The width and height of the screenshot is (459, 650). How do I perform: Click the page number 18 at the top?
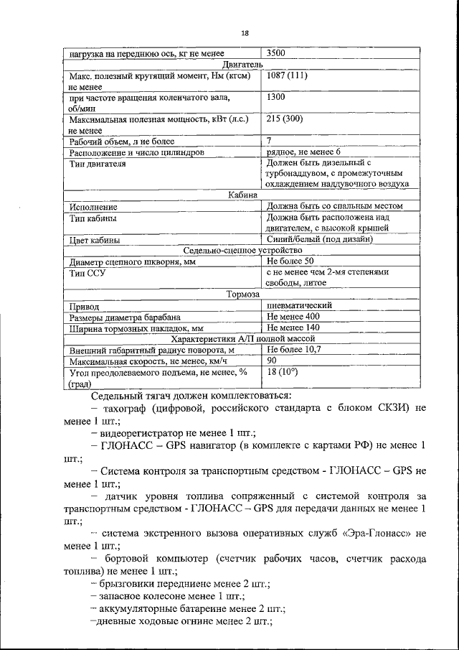245,32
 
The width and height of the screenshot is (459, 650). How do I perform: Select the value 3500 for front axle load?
278,52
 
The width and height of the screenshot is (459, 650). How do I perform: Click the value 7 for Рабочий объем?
269,141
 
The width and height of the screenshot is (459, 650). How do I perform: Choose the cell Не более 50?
290,261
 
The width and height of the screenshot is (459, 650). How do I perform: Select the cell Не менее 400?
293,317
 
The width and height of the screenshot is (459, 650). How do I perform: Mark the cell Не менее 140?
293,328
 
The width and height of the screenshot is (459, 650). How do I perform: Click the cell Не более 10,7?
293,349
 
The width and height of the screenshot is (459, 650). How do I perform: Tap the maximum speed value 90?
272,361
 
